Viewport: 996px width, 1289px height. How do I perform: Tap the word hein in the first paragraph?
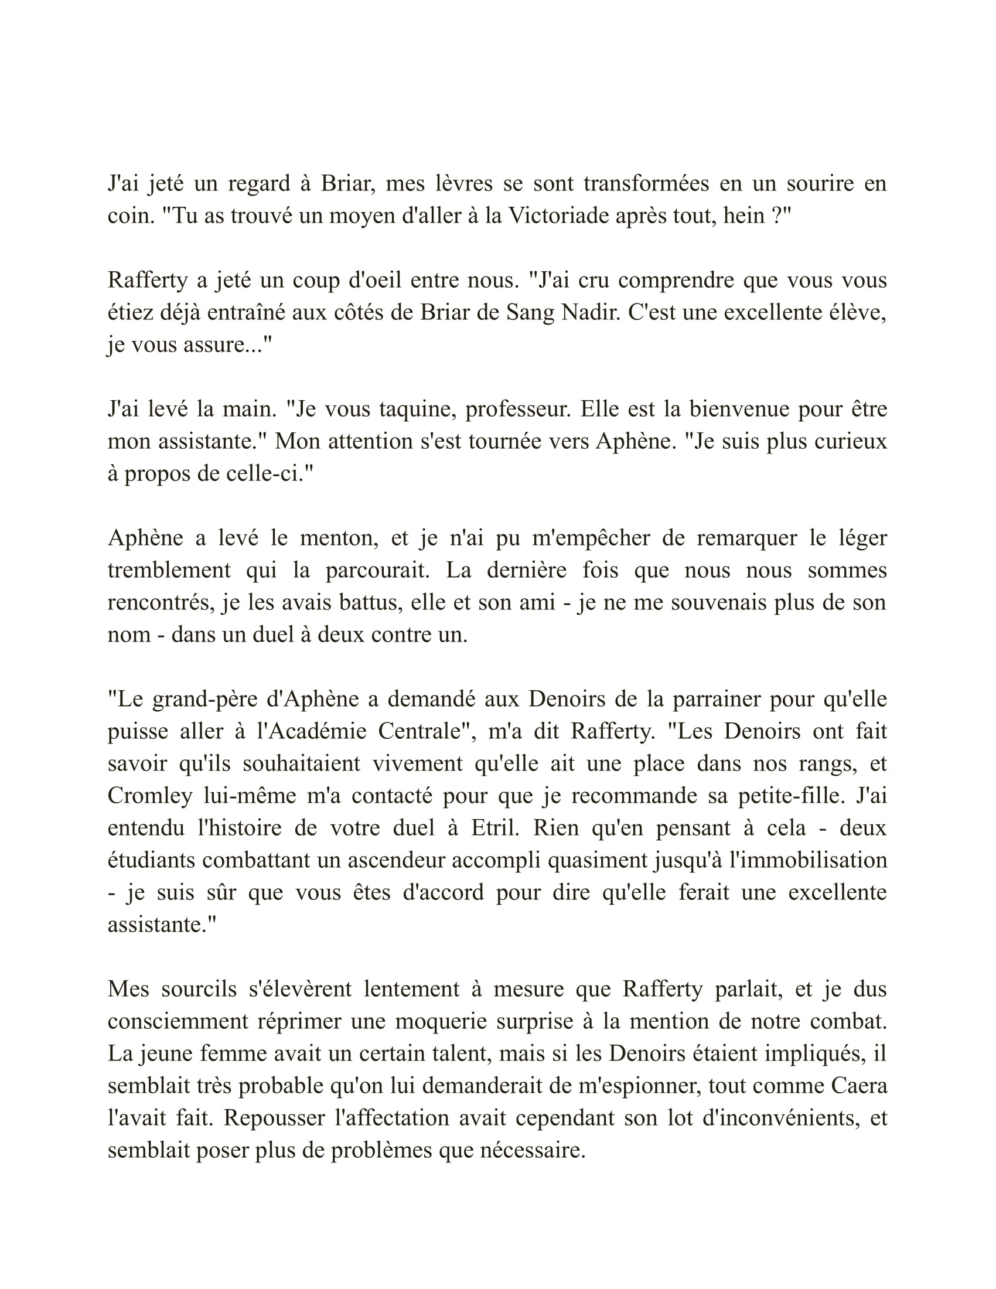coord(744,216)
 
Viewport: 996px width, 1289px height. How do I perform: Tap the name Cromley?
coord(150,796)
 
